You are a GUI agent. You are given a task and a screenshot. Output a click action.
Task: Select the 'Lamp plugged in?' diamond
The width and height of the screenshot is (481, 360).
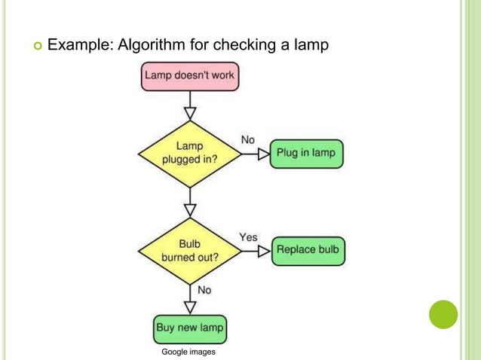tap(190, 154)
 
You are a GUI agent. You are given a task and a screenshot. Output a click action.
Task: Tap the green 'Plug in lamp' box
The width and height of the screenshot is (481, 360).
tap(306, 154)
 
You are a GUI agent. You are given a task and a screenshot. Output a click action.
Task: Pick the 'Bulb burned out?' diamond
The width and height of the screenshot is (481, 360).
tap(190, 251)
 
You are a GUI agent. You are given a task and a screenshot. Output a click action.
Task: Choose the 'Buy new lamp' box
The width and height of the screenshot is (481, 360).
tap(190, 328)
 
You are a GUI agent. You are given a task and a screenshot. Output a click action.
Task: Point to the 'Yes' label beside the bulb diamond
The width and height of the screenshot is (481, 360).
tap(248, 237)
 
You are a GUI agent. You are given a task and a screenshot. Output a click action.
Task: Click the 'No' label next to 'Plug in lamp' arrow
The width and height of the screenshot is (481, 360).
tap(247, 140)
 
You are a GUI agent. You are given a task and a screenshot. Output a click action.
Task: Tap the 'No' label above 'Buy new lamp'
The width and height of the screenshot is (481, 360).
tap(204, 290)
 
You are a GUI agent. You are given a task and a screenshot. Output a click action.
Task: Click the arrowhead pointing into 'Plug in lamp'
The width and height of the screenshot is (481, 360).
tap(263, 154)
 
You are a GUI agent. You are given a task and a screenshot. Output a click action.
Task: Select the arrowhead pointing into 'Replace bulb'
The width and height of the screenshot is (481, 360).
tap(264, 251)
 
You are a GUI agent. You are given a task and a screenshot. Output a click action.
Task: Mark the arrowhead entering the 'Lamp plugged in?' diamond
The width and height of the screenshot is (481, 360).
tap(190, 113)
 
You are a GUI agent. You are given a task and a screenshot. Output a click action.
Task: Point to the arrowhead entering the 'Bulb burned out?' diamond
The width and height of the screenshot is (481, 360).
tap(190, 209)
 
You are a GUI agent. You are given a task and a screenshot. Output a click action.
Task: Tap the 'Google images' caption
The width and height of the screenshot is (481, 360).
tap(188, 352)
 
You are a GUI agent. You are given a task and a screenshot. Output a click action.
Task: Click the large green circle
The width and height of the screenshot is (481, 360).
tap(443, 314)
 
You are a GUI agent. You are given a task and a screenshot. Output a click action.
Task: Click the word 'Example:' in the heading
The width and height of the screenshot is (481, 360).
tap(80, 46)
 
